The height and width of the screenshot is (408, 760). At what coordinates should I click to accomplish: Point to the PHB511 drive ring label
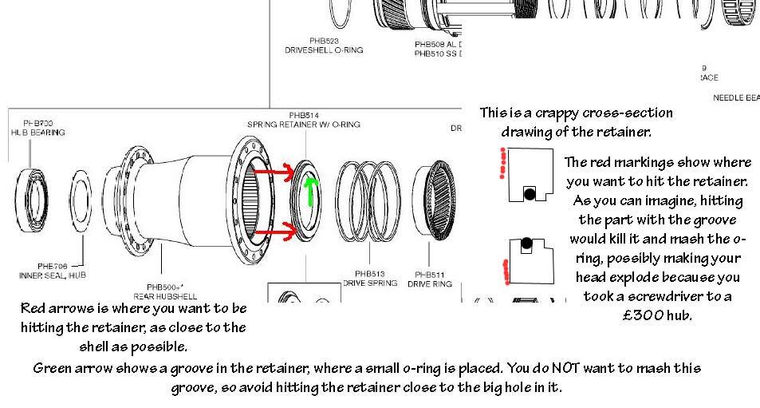[x=430, y=277]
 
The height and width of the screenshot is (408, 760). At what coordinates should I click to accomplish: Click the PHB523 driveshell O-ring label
[x=324, y=45]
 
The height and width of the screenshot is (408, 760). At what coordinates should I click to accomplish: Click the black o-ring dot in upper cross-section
[x=528, y=192]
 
